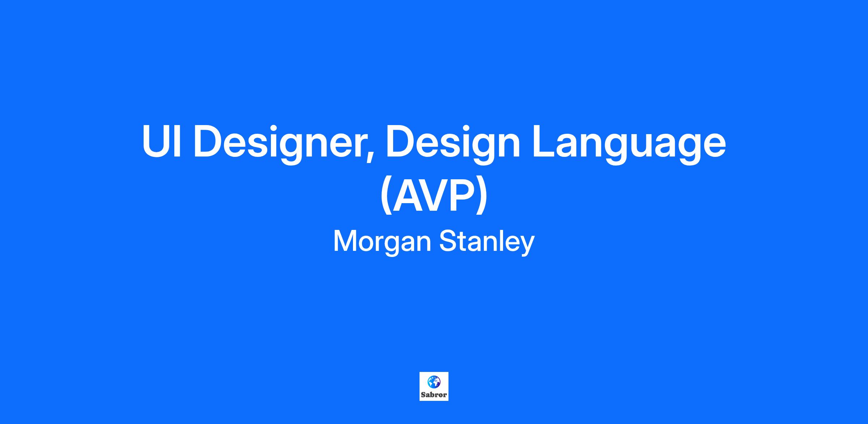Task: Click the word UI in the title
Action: pos(161,141)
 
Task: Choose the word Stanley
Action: pos(487,243)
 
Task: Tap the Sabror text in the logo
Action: pos(434,395)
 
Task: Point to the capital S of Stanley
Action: pos(448,241)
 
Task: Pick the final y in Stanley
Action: pos(528,246)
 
